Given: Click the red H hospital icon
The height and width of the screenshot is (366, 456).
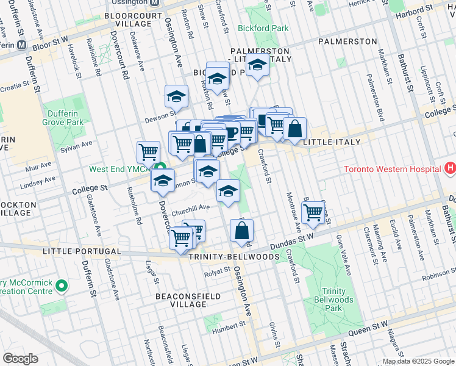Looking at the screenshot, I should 450,168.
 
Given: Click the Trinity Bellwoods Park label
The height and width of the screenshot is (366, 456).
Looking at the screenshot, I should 333,295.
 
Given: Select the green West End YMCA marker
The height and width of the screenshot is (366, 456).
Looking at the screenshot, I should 161,168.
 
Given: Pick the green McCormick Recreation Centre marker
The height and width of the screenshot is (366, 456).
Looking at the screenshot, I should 62,285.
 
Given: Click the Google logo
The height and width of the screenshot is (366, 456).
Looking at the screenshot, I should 20,359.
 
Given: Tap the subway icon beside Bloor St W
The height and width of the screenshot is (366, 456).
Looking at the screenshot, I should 21,45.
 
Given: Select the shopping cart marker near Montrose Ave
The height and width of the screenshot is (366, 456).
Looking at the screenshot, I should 313,212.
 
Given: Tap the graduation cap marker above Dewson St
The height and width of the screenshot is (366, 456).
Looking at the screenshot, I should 176,96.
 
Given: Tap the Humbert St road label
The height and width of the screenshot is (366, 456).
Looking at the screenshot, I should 221,328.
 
